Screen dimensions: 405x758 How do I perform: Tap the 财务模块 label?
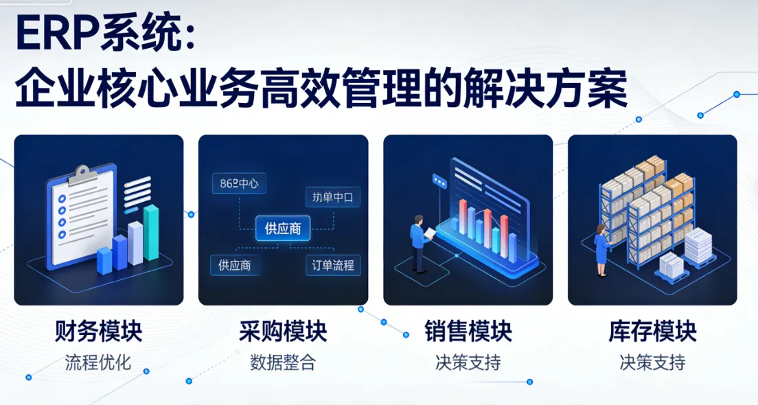click(98, 332)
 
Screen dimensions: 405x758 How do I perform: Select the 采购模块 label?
click(283, 332)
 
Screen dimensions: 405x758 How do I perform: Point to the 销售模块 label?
click(468, 332)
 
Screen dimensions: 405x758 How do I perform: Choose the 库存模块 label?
click(652, 332)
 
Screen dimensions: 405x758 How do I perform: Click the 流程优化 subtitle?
click(98, 361)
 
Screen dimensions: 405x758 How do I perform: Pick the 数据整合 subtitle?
click(283, 361)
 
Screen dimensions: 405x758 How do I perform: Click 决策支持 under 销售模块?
click(468, 361)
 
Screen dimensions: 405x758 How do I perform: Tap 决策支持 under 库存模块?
click(652, 361)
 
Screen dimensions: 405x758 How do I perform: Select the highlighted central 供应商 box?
click(283, 228)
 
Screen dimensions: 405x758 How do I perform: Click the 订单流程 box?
click(332, 264)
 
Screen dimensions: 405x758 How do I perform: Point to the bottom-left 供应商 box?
click(235, 265)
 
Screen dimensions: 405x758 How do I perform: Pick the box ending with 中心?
click(238, 183)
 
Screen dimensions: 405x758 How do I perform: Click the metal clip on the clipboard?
click(83, 171)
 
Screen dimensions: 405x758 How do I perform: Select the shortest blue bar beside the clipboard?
click(104, 260)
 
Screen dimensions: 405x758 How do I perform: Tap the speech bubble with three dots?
click(439, 181)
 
